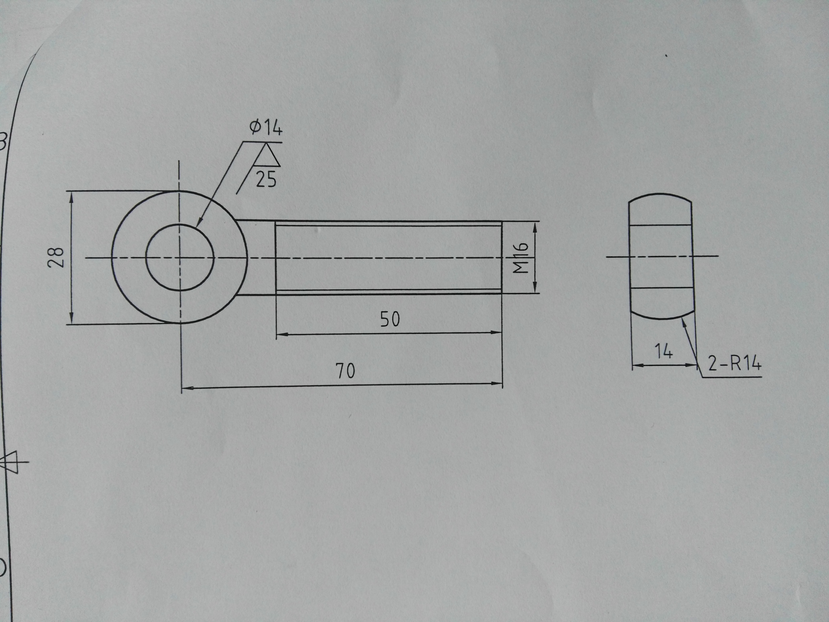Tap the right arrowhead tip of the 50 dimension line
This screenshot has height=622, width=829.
coord(501,332)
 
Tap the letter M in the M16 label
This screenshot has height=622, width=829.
coord(521,267)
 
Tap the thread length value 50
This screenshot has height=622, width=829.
coord(390,319)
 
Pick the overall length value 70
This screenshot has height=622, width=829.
coord(345,371)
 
